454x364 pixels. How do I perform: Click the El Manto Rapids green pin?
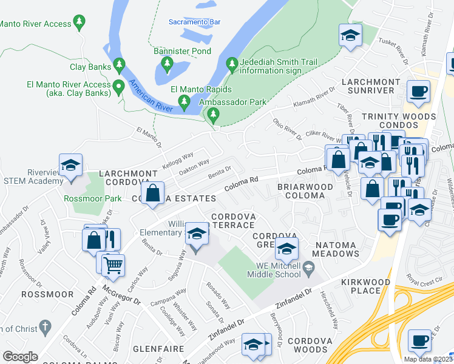[x=185, y=105]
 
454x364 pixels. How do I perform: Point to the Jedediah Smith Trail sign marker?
[x=231, y=62]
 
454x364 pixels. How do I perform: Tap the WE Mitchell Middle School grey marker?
[x=309, y=266]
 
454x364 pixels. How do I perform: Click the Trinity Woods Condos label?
[x=407, y=121]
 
